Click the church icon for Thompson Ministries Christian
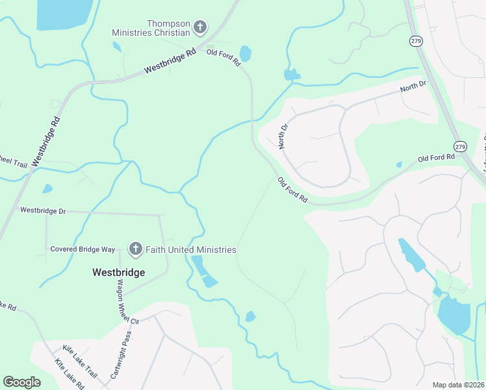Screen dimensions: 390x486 tap(200, 27)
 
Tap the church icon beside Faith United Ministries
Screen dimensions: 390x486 tap(135, 249)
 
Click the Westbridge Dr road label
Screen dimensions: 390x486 tap(44, 211)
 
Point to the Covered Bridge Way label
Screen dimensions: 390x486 tap(83, 250)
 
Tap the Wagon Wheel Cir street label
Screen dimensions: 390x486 tap(127, 302)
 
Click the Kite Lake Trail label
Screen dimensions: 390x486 tap(80, 362)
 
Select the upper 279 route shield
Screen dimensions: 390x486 tap(416, 40)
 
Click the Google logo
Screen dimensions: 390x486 tap(21, 382)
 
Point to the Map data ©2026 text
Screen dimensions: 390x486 tap(458, 385)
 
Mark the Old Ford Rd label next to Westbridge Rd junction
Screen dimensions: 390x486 tap(224, 58)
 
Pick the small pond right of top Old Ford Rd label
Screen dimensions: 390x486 tap(246, 53)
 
